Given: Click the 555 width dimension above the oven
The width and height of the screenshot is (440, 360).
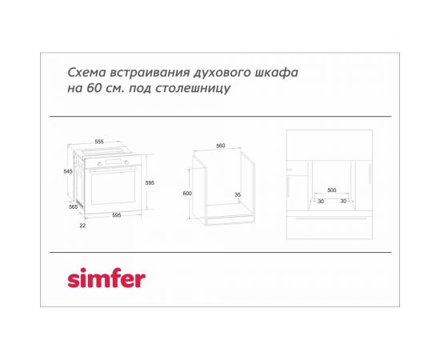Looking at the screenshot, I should pyautogui.click(x=99, y=142).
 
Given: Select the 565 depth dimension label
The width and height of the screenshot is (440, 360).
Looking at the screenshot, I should pyautogui.click(x=73, y=207).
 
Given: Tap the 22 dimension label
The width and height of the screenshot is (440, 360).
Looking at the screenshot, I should pyautogui.click(x=82, y=226).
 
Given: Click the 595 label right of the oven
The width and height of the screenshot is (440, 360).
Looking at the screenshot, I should pyautogui.click(x=149, y=183).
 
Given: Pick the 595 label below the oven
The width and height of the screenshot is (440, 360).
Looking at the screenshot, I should pyautogui.click(x=116, y=215).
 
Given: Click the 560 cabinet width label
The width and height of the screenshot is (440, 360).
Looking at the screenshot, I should pyautogui.click(x=221, y=146).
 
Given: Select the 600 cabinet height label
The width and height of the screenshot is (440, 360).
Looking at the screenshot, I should pyautogui.click(x=186, y=194).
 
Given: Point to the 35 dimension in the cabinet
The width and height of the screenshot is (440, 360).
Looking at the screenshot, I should pyautogui.click(x=238, y=194).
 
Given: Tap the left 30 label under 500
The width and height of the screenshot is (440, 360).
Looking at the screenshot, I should pyautogui.click(x=320, y=201).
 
